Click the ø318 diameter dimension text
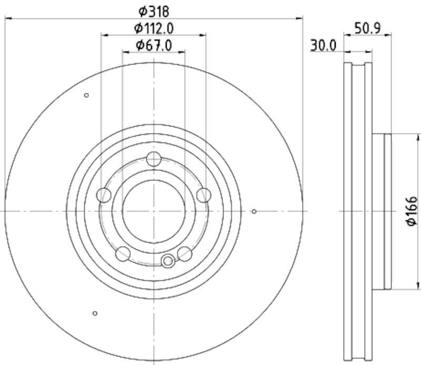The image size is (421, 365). [x=154, y=9]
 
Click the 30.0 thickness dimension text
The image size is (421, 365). [x=323, y=46]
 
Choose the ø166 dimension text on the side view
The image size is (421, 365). [x=412, y=211]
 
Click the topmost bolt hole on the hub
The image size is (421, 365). [x=154, y=158]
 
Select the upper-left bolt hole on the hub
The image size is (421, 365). [x=104, y=195]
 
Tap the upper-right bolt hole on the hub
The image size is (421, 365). [x=203, y=195]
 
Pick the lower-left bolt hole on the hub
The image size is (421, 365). [x=123, y=254]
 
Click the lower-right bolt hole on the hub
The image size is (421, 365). [x=184, y=254]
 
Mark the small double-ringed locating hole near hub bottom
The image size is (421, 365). [x=168, y=260]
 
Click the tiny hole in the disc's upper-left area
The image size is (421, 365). [x=86, y=95]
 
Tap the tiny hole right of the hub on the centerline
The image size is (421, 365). [x=254, y=211]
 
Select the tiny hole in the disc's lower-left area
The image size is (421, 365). [x=95, y=313]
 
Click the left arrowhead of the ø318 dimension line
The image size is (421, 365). [x=7, y=18]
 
